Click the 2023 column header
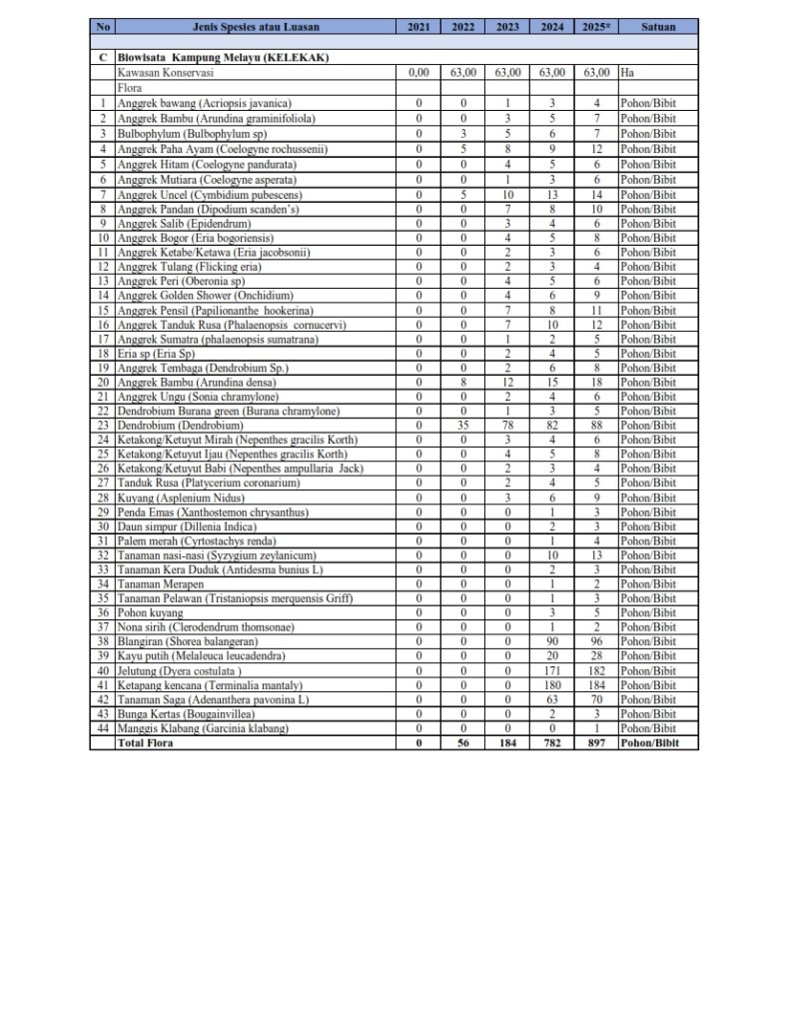tap(507, 27)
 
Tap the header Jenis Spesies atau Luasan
tap(255, 27)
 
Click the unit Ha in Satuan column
tap(627, 73)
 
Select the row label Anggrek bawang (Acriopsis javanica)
tap(204, 103)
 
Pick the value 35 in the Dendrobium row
tap(463, 426)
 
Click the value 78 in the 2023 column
tap(507, 426)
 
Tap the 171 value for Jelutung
tap(552, 669)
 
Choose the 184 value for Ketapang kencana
tap(596, 684)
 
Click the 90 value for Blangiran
tap(552, 640)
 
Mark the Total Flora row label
tap(149, 743)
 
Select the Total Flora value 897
tap(596, 743)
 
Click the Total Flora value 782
tap(552, 743)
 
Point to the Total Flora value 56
tap(463, 743)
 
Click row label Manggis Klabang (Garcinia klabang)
tap(203, 728)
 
